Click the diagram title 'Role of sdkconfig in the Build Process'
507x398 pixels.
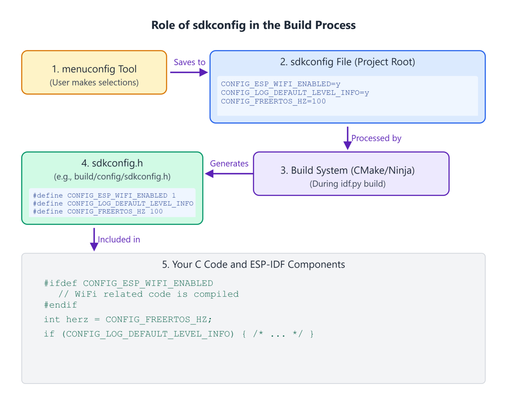(x=253, y=25)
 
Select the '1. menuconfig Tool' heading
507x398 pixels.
(x=94, y=69)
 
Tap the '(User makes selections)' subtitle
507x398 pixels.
(x=94, y=82)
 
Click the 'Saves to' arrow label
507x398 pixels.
(x=189, y=62)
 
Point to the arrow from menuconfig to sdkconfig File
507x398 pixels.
(x=189, y=72)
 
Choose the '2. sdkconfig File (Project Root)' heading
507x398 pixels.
(x=348, y=62)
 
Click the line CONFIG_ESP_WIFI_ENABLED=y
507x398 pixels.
(x=281, y=84)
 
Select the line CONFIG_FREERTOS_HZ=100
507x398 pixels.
(x=273, y=102)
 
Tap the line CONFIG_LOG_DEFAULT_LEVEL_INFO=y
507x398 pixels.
(x=295, y=93)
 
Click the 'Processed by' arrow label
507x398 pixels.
(x=376, y=138)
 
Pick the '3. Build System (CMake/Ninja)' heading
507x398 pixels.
(x=348, y=170)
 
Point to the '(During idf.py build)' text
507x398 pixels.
(x=348, y=184)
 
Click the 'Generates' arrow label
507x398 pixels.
(x=229, y=164)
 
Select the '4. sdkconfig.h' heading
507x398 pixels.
(x=112, y=163)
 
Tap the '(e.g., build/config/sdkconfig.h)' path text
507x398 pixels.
(x=112, y=177)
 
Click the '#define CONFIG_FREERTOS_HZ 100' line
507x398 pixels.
(x=98, y=212)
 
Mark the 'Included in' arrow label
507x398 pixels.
(x=119, y=240)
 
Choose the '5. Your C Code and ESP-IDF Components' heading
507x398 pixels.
(x=253, y=264)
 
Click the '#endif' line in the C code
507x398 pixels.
(x=60, y=305)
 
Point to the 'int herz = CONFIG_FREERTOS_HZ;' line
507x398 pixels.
(x=128, y=320)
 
